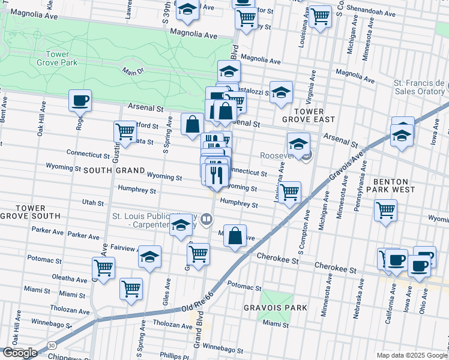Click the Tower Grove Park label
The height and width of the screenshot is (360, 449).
point(58,58)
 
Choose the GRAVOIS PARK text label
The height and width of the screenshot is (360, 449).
point(275,308)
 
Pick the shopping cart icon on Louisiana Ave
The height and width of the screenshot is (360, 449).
point(289,192)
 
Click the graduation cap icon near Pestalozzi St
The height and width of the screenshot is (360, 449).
point(280,92)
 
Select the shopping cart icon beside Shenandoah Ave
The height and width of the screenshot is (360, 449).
point(319,16)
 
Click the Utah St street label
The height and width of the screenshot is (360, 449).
point(93,203)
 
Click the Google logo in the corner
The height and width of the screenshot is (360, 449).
point(19,353)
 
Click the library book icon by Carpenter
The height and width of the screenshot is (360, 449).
point(206,219)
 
